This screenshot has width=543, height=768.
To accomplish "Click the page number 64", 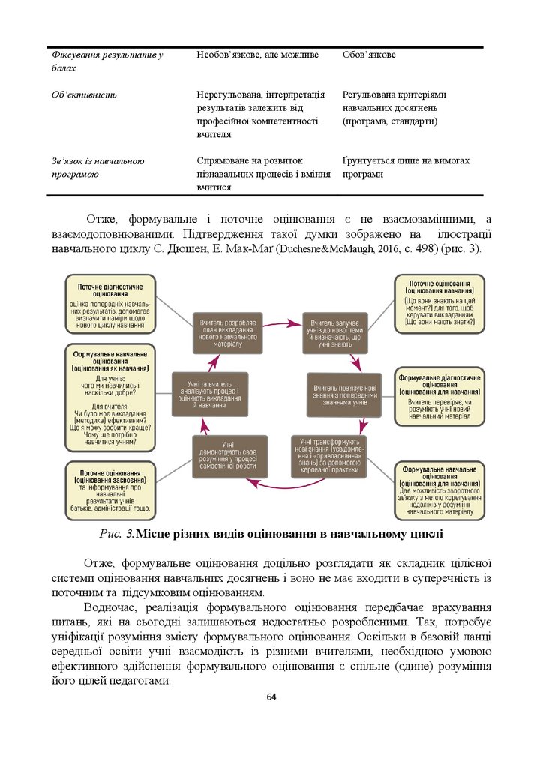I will click(271, 698).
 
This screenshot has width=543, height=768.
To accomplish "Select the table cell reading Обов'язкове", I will click(369, 55).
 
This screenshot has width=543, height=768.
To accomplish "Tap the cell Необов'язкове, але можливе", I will click(257, 55).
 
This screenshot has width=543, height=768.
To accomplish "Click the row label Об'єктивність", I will click(84, 95).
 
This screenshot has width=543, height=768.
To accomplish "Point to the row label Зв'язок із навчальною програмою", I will click(97, 167).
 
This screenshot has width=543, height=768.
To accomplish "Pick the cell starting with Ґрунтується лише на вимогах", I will click(406, 167).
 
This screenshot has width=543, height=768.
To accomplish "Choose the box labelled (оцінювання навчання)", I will click(439, 304).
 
